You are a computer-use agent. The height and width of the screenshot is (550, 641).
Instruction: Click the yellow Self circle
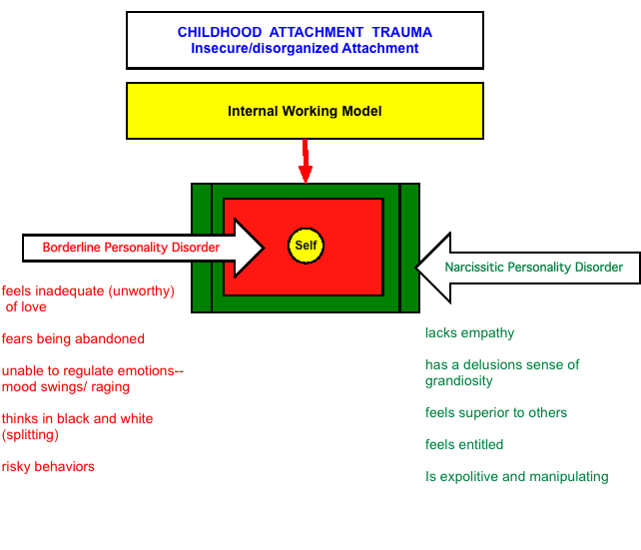[x=306, y=246]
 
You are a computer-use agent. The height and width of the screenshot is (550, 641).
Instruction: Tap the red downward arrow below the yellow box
[x=306, y=161]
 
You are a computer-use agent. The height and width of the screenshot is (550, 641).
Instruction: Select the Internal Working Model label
[x=305, y=111]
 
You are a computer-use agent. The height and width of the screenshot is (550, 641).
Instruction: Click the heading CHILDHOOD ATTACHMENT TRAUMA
[x=305, y=32]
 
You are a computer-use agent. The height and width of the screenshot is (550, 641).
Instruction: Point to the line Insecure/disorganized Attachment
[x=305, y=48]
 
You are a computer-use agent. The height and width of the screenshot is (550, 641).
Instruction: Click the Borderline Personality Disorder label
[x=131, y=248]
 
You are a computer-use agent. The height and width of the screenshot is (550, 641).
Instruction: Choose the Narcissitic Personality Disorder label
[x=533, y=268]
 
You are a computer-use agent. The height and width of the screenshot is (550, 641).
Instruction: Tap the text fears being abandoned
[x=73, y=338]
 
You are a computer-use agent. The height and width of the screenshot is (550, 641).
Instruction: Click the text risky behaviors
[x=48, y=466]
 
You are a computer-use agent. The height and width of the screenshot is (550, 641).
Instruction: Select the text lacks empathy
[x=469, y=333]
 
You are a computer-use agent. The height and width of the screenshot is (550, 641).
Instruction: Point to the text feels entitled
[x=464, y=444]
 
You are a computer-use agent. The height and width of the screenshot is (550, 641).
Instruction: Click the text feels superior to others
[x=496, y=412]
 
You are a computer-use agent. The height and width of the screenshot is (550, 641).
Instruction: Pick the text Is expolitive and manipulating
[x=517, y=476]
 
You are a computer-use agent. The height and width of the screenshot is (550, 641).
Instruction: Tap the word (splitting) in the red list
[x=30, y=435]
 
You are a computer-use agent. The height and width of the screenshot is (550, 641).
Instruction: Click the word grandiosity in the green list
[x=458, y=381]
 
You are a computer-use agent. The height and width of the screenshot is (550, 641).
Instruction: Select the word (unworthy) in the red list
[x=142, y=290]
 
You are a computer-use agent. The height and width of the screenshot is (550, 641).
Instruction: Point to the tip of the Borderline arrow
[x=265, y=248]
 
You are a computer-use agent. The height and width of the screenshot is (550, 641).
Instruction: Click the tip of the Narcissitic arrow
[x=415, y=268]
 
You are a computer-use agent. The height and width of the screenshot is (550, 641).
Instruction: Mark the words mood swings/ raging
[x=66, y=387]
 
